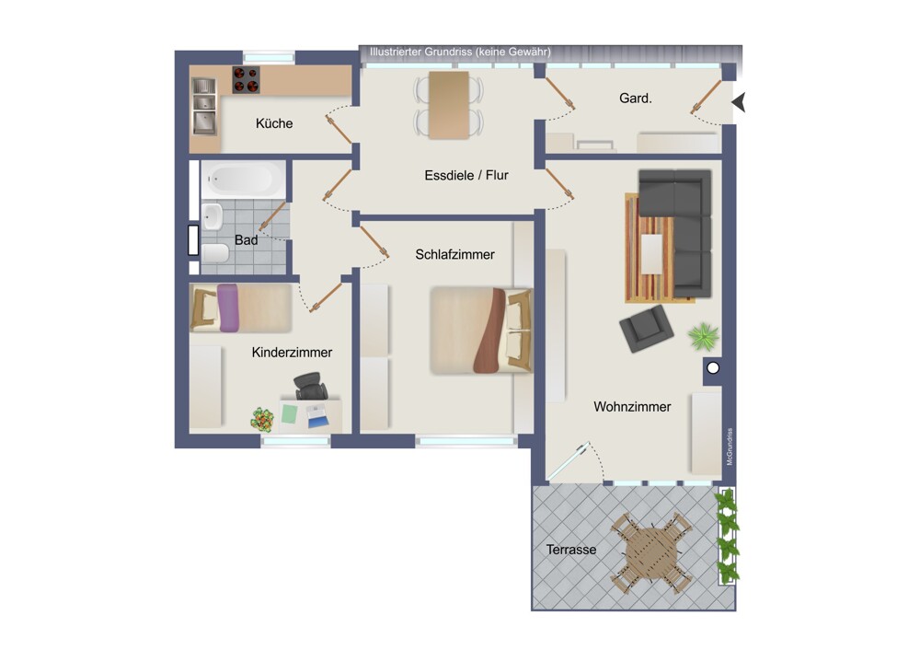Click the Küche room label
274,123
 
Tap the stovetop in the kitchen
246,80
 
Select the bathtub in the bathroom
243,179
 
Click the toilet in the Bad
214,253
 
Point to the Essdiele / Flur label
466,175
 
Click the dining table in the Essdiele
449,105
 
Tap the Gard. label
636,99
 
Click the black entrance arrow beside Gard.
739,102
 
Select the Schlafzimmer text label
454,254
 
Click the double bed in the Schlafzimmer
481,331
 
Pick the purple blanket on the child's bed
227,308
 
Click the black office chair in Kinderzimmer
310,386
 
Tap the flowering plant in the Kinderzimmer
262,420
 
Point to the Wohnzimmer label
632,406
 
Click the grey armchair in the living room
647,329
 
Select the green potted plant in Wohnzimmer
704,336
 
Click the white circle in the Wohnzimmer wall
713,368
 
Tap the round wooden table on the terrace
651,552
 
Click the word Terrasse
571,550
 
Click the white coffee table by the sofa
651,254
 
